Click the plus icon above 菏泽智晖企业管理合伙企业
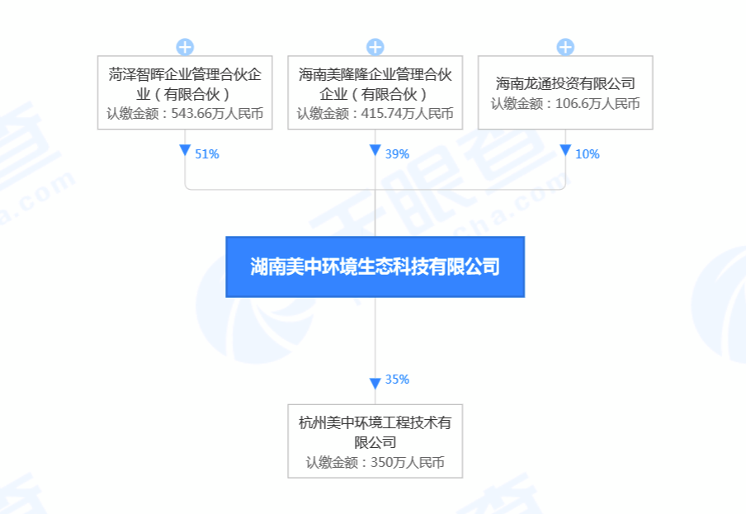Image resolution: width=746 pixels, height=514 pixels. [x=185, y=46]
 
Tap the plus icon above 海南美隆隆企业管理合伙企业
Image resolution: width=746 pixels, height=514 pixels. [x=375, y=46]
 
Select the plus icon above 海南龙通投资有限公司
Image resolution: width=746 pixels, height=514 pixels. [x=565, y=46]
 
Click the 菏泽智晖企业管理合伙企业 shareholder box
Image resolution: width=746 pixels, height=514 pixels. [x=185, y=92]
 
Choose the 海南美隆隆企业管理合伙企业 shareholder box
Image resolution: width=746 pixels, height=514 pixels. [x=375, y=92]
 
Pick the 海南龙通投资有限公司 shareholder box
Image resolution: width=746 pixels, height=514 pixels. [x=565, y=92]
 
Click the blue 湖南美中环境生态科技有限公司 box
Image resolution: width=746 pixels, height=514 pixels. [x=375, y=266]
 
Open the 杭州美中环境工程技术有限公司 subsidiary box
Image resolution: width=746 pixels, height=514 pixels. [x=375, y=441]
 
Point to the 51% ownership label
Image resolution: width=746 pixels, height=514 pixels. [x=207, y=154]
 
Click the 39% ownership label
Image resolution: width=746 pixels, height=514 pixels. [x=397, y=154]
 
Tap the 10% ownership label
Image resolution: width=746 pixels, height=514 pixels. [x=587, y=154]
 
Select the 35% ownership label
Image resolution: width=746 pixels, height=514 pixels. [x=397, y=380]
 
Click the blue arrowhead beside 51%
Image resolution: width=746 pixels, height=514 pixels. [x=185, y=151]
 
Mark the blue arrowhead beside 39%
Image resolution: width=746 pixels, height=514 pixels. [x=375, y=151]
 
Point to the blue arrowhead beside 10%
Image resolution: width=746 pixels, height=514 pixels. [x=565, y=151]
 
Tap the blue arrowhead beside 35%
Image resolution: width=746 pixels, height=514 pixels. [x=375, y=381]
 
